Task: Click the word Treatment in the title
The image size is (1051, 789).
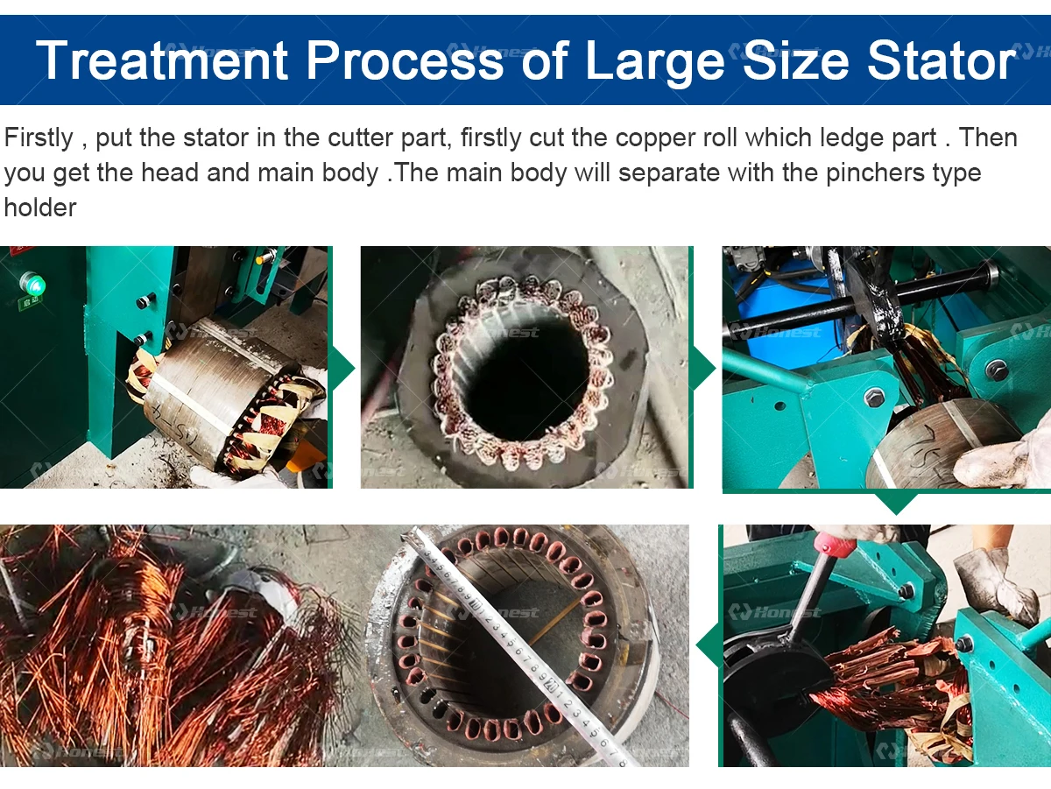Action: [162, 60]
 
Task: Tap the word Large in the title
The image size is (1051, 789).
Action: [653, 60]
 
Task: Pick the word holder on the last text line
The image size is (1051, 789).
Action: [40, 207]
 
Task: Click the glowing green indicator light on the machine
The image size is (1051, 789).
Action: [33, 284]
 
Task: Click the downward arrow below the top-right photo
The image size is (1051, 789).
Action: [894, 503]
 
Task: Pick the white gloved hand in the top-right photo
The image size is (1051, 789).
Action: [1007, 460]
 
